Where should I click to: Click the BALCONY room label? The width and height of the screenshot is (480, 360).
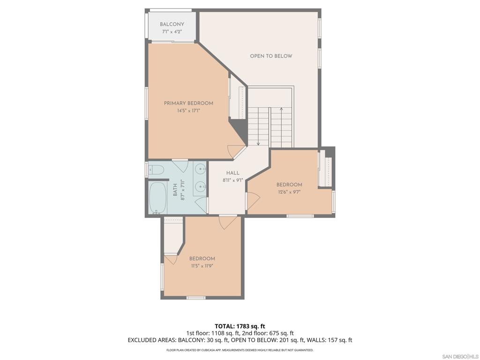tap(172, 24)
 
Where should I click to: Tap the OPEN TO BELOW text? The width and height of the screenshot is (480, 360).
tap(271, 56)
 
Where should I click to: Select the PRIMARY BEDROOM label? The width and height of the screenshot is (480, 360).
tap(188, 103)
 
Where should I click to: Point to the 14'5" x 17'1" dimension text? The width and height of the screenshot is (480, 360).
tap(188, 111)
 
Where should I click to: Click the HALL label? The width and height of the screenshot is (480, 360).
tap(232, 173)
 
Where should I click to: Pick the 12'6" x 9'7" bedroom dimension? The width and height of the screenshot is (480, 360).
tap(289, 192)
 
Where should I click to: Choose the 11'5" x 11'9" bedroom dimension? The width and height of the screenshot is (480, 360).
tap(202, 266)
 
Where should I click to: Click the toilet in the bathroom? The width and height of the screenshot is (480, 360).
tap(157, 170)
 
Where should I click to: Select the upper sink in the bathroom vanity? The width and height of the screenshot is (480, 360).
tap(201, 168)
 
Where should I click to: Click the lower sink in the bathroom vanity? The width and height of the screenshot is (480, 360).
tap(201, 186)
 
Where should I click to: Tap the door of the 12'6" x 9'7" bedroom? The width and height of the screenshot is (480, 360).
tap(253, 201)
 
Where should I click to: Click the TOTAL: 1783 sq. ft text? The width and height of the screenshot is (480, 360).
tap(238, 326)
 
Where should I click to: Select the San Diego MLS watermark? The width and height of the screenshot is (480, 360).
tap(460, 356)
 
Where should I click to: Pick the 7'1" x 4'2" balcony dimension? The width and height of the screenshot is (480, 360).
tap(172, 31)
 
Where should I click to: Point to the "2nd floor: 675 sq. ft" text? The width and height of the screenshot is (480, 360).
tap(268, 333)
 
